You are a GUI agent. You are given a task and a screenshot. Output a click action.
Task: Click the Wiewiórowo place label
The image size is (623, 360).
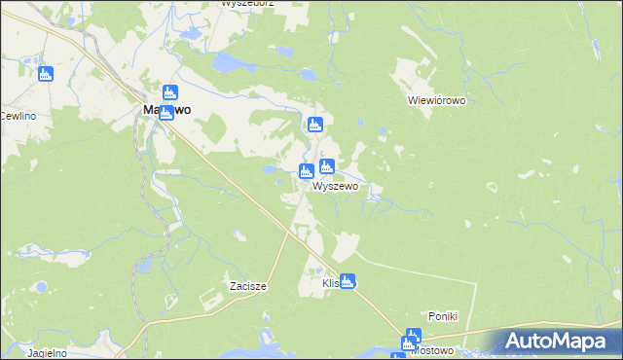[x=438, y=100]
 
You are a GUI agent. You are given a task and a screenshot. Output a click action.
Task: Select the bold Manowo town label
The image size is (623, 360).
[x=160, y=111]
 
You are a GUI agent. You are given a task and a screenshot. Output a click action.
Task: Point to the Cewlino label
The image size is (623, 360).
[x=17, y=116]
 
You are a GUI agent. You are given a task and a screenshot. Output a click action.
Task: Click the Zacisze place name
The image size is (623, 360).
[x=248, y=286]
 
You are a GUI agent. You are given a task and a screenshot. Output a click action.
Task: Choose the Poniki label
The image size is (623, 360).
[x=443, y=317]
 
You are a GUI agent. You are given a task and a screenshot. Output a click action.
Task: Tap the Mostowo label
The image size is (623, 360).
[x=432, y=350]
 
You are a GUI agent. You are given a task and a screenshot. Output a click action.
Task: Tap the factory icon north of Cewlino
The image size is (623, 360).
[x=45, y=74]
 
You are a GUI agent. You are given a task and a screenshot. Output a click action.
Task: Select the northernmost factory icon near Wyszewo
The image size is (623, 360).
[x=314, y=125]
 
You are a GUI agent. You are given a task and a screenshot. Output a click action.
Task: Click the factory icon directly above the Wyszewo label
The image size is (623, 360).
[x=327, y=166]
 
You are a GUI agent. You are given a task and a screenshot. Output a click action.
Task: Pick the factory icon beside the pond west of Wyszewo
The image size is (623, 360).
[x=306, y=172]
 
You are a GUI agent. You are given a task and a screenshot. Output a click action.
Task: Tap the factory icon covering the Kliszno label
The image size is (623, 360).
[x=348, y=281]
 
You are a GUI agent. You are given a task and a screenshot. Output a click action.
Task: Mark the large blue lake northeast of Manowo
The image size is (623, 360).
[x=228, y=64]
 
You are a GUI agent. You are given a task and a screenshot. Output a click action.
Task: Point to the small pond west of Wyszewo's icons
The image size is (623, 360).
[x=267, y=169]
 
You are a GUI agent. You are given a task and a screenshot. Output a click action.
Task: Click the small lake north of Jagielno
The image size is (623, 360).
[x=41, y=288]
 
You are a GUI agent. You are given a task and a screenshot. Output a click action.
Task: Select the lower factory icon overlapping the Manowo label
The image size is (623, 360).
[x=166, y=111]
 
